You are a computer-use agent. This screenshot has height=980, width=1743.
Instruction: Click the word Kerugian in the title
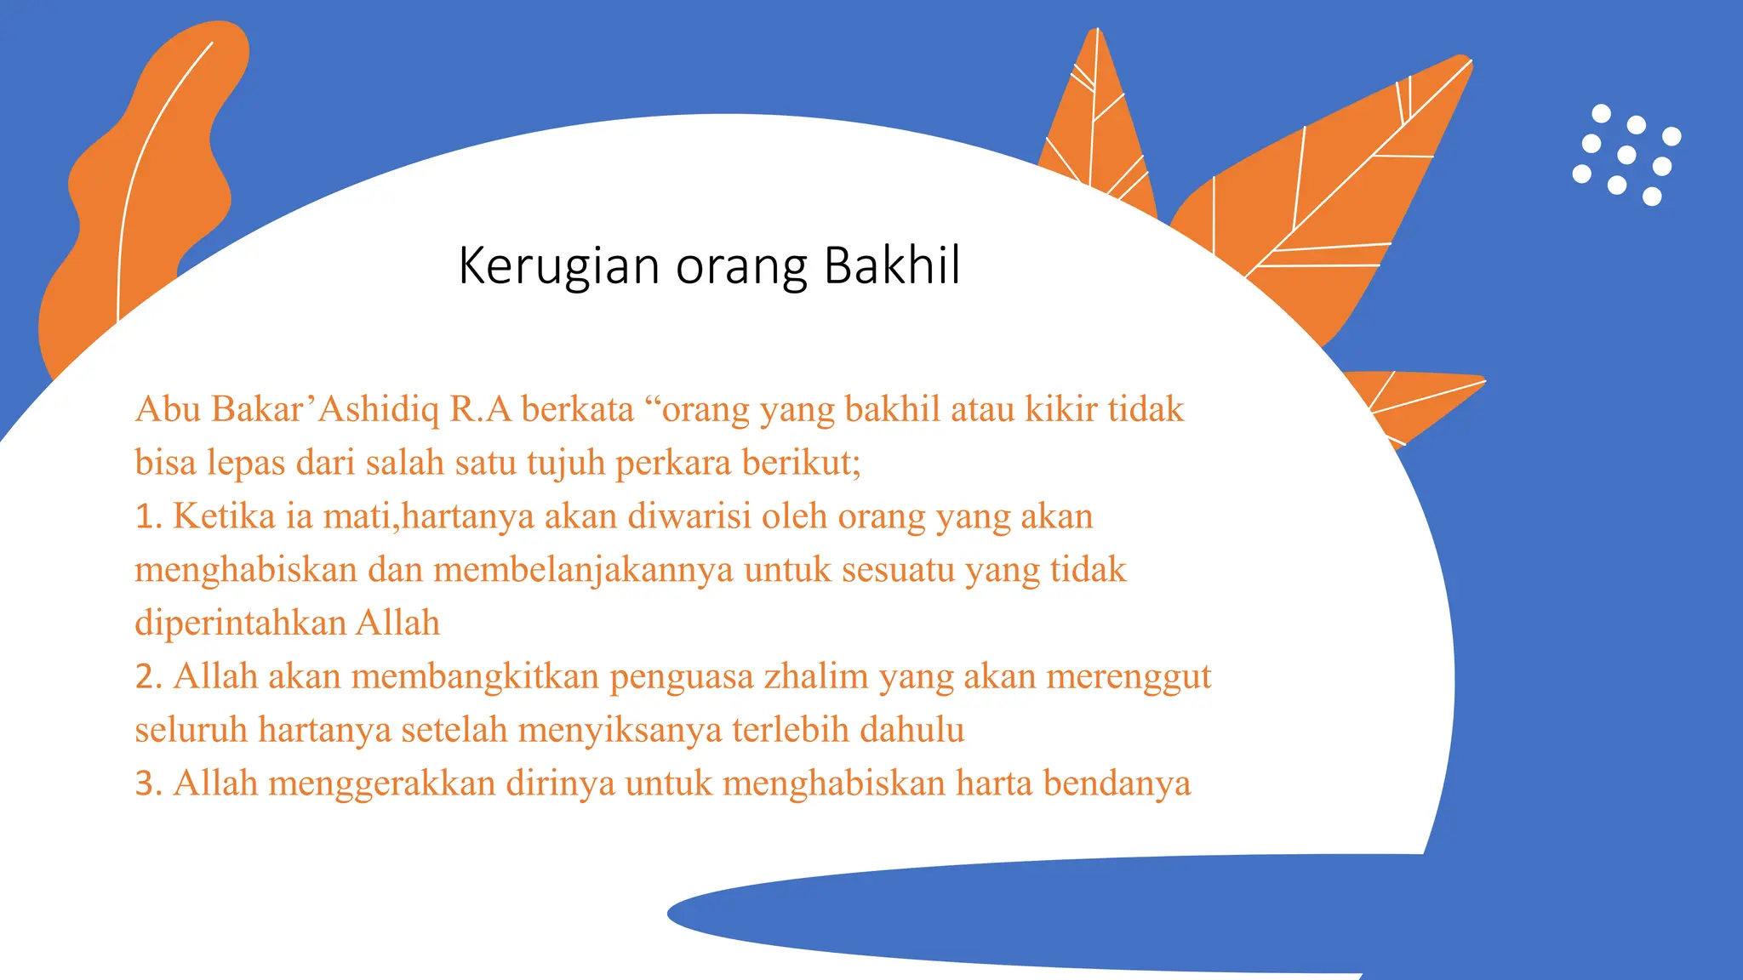click(558, 265)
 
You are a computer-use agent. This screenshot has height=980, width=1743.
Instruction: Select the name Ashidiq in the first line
click(379, 409)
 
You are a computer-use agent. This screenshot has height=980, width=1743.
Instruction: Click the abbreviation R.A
click(480, 409)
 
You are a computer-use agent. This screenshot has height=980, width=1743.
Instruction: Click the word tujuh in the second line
click(565, 464)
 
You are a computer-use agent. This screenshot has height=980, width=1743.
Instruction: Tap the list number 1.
click(147, 516)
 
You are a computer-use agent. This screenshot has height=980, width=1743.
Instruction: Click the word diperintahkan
click(240, 624)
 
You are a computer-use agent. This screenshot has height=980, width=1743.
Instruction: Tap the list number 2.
click(147, 677)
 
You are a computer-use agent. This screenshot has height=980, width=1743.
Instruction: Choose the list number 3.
click(147, 783)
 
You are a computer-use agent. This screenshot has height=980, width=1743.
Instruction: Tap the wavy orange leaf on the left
click(145, 179)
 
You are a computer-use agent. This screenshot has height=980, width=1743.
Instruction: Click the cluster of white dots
click(1626, 155)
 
